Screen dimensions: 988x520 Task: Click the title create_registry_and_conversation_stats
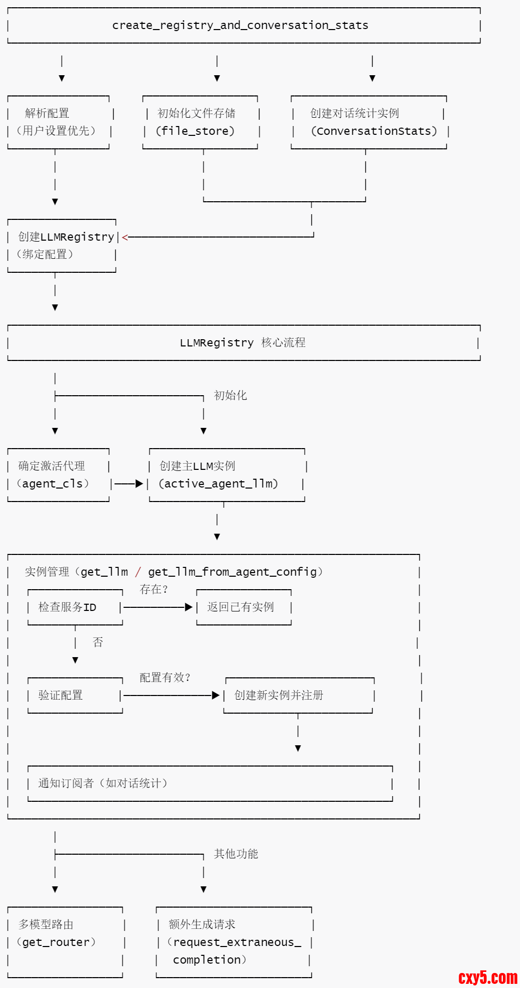[240, 25]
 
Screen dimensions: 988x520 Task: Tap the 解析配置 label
[47, 113]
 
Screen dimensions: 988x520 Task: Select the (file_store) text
[195, 131]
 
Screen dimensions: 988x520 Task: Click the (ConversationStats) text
[374, 131]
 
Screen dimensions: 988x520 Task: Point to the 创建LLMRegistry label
[66, 237]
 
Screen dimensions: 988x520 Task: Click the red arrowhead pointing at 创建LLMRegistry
[125, 238]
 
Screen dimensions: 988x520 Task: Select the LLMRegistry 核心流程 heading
[242, 343]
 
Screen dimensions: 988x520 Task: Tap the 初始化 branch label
[230, 396]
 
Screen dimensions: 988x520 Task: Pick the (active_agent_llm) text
[218, 484]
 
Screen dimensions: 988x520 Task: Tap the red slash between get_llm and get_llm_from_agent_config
[138, 572]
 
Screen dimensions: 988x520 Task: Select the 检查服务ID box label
[67, 607]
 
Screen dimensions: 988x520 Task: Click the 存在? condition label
[154, 590]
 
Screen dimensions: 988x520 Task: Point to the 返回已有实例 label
[240, 607]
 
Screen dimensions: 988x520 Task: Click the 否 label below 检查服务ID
[98, 643]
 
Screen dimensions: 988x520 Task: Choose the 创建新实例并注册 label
[279, 695]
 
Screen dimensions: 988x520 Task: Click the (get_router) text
[56, 942]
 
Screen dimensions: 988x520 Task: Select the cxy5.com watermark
[488, 978]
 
